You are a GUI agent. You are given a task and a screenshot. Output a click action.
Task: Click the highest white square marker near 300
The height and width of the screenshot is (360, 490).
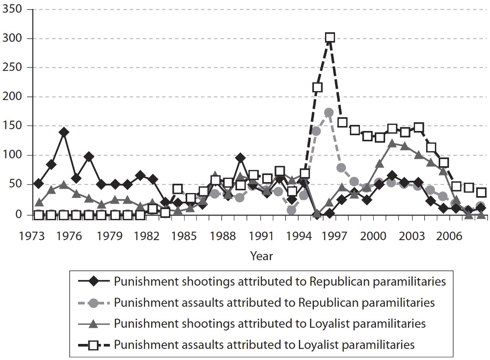tap(330, 38)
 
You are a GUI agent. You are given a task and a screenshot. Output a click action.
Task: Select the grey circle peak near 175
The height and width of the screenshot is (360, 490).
tap(328, 113)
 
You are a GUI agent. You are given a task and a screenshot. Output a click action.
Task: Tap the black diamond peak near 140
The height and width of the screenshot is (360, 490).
tap(64, 133)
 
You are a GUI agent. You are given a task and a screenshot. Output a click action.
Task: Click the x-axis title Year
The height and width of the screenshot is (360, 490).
tap(261, 256)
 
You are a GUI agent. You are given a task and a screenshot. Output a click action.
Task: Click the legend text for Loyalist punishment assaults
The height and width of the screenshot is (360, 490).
tap(264, 345)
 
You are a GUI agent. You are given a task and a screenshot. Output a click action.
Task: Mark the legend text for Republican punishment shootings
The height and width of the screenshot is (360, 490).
tap(280, 282)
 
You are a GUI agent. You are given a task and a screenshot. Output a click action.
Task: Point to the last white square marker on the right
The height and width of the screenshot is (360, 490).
tap(481, 192)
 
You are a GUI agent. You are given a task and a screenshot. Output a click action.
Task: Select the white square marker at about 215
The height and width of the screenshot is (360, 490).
tap(317, 87)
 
